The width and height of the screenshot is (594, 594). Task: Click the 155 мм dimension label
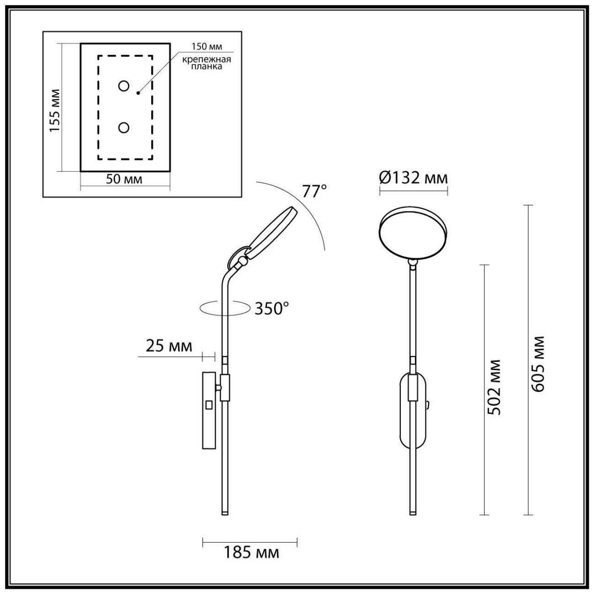tap(55, 110)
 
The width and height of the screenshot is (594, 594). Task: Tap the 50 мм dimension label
tap(124, 179)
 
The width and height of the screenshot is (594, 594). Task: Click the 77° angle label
tap(315, 191)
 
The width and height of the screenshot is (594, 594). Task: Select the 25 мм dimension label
tap(169, 346)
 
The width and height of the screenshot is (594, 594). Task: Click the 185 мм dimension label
tap(251, 553)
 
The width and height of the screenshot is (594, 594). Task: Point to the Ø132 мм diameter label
tap(414, 177)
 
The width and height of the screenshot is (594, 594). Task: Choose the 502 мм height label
tap(494, 387)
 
